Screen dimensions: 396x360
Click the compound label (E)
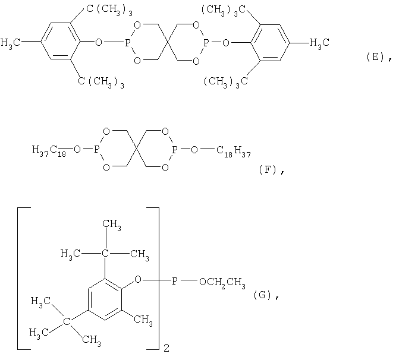click(x=376, y=57)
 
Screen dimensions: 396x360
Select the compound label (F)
click(x=268, y=170)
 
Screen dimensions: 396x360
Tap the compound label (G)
click(x=262, y=295)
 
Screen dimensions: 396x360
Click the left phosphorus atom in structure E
click(x=127, y=43)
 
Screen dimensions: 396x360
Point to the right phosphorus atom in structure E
click(x=206, y=43)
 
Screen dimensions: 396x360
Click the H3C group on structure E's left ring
click(x=10, y=43)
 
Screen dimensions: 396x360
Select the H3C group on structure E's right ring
click(x=319, y=43)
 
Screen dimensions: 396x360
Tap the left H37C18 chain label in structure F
click(x=49, y=150)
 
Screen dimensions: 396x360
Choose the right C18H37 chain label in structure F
click(x=234, y=151)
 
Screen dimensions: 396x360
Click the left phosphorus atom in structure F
click(x=97, y=150)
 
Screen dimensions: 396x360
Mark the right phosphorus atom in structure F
click(x=175, y=150)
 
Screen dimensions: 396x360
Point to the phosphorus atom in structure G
click(x=175, y=281)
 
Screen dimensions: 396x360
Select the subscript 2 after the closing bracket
click(x=166, y=348)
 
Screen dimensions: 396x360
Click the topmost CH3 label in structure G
click(x=112, y=225)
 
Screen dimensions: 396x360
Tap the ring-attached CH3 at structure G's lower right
click(x=143, y=320)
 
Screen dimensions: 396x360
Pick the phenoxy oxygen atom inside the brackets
click(x=138, y=280)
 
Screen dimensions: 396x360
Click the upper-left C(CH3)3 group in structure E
click(x=109, y=10)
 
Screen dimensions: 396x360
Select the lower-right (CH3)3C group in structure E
click(x=225, y=82)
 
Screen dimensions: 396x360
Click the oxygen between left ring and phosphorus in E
click(x=99, y=42)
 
